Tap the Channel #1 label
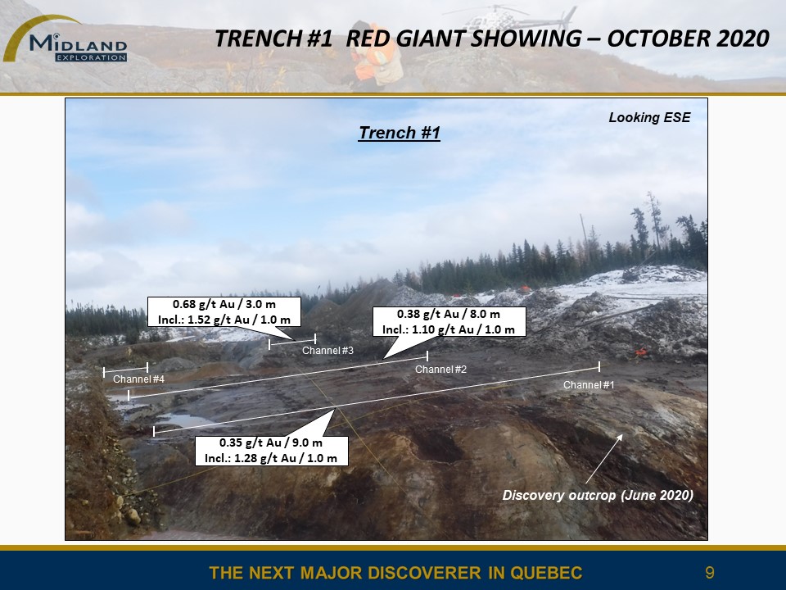(589, 385)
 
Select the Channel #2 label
(440, 370)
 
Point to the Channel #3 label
(327, 350)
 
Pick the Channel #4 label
(138, 379)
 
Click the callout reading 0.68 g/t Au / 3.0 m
(224, 311)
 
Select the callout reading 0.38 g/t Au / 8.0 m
(449, 321)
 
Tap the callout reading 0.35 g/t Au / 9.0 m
(271, 451)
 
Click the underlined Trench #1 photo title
(399, 133)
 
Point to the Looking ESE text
(649, 117)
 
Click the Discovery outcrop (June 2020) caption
(598, 495)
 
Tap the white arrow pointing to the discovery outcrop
(604, 459)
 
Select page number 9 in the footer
(709, 573)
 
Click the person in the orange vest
(373, 55)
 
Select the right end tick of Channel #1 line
(599, 366)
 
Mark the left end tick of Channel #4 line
(104, 372)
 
